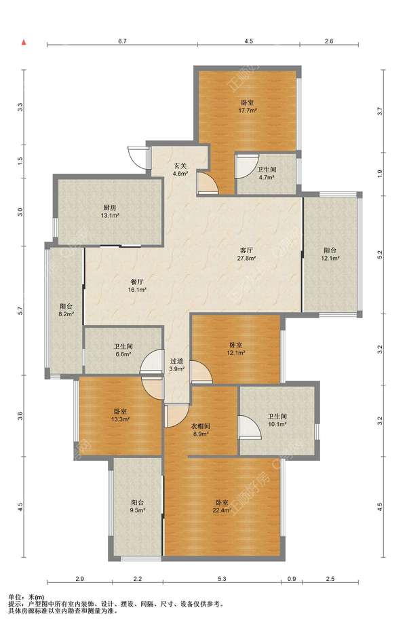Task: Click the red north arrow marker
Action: click(24, 41)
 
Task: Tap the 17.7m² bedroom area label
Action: click(248, 107)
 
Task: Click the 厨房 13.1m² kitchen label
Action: click(110, 212)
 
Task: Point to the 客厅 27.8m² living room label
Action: click(247, 254)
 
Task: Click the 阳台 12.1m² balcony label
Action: click(330, 254)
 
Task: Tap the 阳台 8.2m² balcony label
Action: click(66, 310)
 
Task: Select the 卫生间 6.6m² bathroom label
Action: click(123, 350)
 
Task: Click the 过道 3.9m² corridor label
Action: click(176, 364)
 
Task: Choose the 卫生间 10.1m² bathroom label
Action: click(277, 420)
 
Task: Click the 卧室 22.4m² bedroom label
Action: click(222, 506)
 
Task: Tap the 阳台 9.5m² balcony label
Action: click(138, 506)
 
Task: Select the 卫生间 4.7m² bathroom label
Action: click(267, 173)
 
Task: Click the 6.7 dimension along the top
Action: click(123, 41)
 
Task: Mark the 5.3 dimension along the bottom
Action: click(222, 579)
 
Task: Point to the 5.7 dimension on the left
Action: click(20, 310)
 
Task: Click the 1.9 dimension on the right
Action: click(381, 174)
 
